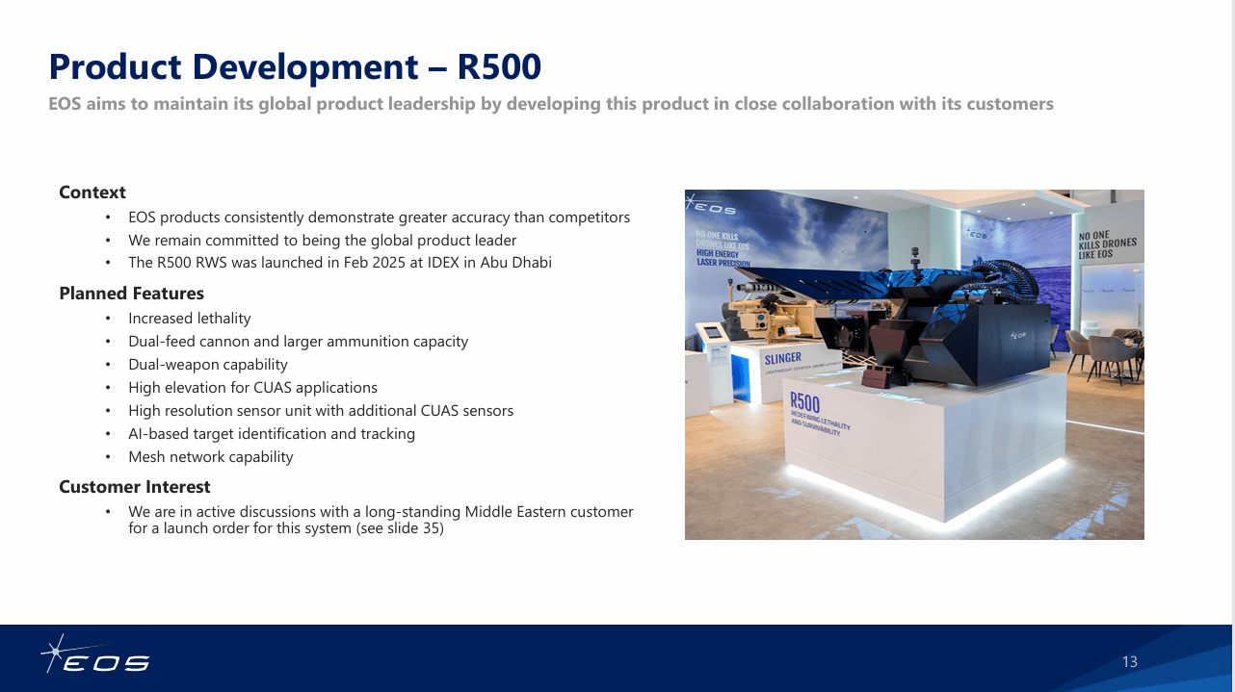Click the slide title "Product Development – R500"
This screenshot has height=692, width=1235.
pos(295,67)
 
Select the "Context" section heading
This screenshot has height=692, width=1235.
pos(92,192)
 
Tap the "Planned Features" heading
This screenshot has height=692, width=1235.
pos(131,294)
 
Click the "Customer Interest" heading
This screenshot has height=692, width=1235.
pos(134,487)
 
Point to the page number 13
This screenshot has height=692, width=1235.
pos(1130,662)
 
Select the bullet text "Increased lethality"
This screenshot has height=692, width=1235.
pos(190,319)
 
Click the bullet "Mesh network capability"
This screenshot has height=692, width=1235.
pos(210,457)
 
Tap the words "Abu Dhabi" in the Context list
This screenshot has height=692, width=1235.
pos(518,263)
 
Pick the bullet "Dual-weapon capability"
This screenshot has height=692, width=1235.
pos(208,365)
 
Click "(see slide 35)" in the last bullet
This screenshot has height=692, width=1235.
pos(400,528)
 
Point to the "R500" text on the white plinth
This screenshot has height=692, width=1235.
pos(805,403)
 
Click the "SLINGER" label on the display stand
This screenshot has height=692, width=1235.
pos(782,359)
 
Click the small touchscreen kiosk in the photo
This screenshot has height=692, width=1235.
pos(712,333)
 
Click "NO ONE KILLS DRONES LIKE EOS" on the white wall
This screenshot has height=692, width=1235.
pos(1107,244)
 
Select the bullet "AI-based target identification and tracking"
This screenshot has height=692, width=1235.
pos(272,434)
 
